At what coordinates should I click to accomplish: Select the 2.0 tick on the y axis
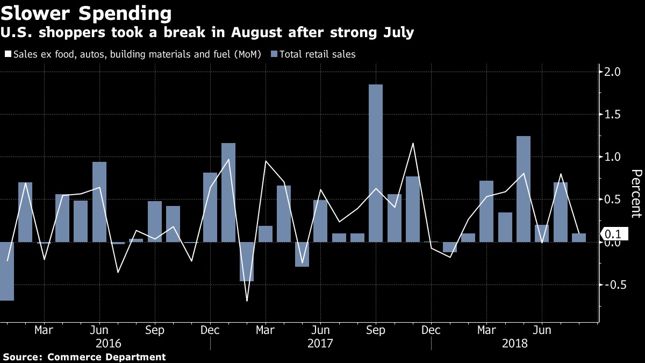click(x=613, y=72)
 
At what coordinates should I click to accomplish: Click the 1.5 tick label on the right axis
click(x=613, y=115)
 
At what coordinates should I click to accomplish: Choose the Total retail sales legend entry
click(x=317, y=54)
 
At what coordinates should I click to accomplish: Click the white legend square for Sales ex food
click(x=8, y=54)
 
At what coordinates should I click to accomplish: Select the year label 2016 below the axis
click(x=108, y=343)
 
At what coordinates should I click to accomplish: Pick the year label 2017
click(x=321, y=343)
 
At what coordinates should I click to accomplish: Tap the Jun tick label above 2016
click(x=99, y=330)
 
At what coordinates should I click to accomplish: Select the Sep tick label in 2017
click(x=376, y=330)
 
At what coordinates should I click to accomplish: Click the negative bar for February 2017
click(x=247, y=261)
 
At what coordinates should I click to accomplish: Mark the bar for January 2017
click(x=228, y=192)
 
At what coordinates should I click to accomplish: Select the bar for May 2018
click(x=524, y=189)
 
